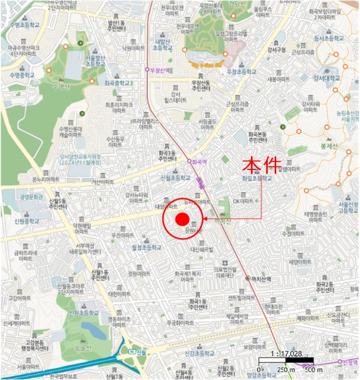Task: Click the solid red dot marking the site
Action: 182,219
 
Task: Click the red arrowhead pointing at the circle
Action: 205,219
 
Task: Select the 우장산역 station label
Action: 157,70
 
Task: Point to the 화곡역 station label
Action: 199,161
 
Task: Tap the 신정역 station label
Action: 350,362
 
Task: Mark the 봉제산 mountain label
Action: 329,146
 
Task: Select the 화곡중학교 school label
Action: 117,84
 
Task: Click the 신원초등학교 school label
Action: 83,313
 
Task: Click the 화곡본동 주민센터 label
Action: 258,136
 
